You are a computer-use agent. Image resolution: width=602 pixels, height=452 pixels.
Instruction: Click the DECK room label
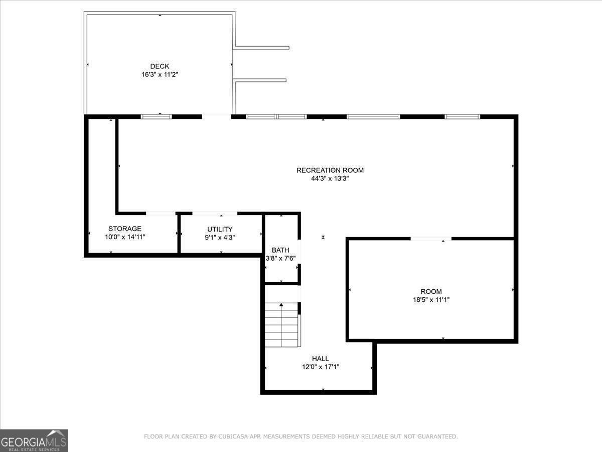(160, 66)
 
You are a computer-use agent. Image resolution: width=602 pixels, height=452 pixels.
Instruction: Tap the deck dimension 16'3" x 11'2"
(160, 75)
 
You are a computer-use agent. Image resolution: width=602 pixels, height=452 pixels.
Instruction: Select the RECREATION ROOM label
(330, 170)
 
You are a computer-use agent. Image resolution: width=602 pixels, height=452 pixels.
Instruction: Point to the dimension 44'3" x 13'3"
(330, 178)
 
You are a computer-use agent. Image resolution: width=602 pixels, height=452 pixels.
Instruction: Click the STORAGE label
(125, 229)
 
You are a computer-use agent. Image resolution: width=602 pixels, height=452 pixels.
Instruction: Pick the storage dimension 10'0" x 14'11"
(125, 237)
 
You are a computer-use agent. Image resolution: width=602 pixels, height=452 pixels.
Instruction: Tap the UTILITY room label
(220, 229)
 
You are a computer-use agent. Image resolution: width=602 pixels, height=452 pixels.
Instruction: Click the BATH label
(280, 250)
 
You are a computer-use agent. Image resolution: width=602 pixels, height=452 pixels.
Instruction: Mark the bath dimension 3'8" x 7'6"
(280, 259)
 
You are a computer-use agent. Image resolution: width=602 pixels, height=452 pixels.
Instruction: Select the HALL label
(320, 359)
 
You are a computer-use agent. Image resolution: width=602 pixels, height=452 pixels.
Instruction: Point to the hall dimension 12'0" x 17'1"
(320, 367)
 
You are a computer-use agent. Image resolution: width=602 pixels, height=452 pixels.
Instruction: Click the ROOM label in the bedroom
(431, 291)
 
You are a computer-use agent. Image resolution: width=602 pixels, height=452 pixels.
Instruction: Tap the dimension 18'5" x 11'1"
(431, 300)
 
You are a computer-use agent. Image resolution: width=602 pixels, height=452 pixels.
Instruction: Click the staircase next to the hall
(282, 325)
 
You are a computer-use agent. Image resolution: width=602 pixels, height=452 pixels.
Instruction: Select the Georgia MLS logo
(34, 440)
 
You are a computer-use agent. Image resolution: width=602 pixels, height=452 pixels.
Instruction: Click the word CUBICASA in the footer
(234, 436)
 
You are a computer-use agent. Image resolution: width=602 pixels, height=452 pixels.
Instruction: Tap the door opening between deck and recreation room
(217, 117)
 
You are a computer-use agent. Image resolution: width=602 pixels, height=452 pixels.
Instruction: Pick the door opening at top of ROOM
(431, 238)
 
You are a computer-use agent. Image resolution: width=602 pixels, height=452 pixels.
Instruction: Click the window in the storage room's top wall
(156, 117)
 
